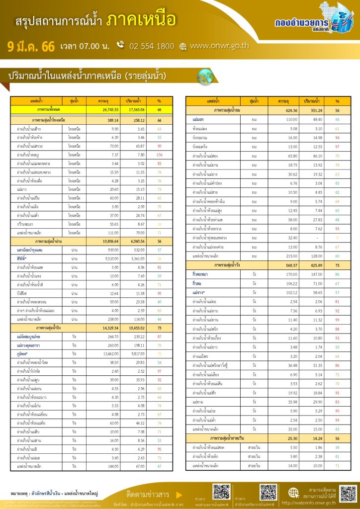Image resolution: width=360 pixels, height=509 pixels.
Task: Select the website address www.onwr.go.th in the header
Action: pos(219,46)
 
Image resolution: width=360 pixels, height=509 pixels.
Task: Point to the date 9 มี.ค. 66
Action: pos(31,47)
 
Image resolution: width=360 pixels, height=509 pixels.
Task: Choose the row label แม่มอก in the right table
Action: pos(197,120)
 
